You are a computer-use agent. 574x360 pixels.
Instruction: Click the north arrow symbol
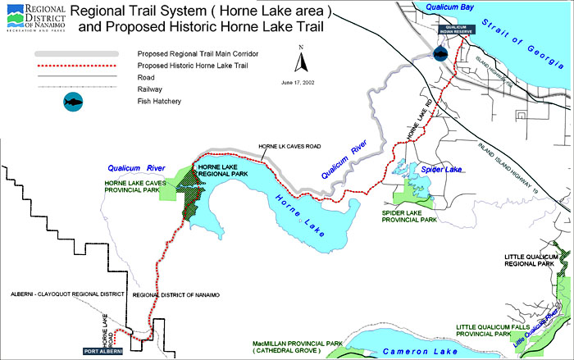[x=302, y=60]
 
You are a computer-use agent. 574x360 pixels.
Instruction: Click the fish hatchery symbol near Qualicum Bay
[x=440, y=53]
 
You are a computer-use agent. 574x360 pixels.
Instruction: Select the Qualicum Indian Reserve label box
[x=457, y=30]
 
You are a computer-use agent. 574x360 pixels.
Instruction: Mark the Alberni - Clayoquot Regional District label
[x=62, y=294]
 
